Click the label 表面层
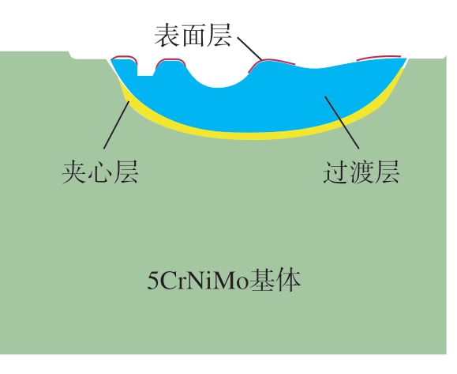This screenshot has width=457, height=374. click(193, 36)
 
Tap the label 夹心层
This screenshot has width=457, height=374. click(100, 172)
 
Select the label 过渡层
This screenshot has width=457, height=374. click(361, 172)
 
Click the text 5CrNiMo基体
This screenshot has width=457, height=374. click(224, 280)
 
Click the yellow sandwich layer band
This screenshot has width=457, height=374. click(257, 135)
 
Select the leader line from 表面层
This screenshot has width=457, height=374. click(250, 49)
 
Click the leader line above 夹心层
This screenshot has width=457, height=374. click(117, 125)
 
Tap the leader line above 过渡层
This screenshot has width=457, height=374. click(343, 123)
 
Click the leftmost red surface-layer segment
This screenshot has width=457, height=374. click(125, 57)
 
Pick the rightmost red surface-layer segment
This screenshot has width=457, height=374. click(379, 57)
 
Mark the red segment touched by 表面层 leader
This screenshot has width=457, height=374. click(271, 62)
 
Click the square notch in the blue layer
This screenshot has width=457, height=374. click(145, 70)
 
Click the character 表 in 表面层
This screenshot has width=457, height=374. click(167, 36)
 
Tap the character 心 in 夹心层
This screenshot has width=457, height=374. click(100, 172)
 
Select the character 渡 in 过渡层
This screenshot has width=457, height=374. click(361, 172)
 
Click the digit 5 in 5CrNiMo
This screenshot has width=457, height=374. click(152, 281)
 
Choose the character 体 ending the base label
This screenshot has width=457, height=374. click(289, 280)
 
